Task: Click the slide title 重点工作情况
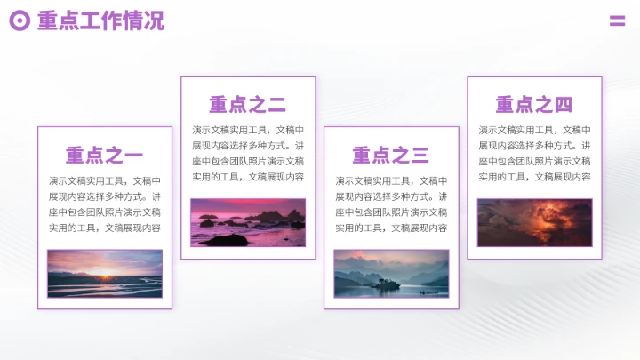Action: (100, 20)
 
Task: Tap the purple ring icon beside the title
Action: (20, 20)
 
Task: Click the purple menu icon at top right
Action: (617, 21)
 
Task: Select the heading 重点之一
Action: (104, 156)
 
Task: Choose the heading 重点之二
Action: (247, 106)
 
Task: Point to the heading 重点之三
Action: (390, 156)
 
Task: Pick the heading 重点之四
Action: (533, 106)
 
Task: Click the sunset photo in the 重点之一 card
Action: (105, 273)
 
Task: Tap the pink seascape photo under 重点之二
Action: (247, 222)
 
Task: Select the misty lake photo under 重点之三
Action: (391, 273)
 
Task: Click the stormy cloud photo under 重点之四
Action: (534, 222)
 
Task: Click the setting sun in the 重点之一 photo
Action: (108, 276)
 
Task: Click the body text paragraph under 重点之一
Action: (104, 204)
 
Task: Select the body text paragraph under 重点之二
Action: (247, 154)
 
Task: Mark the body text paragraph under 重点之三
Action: (390, 204)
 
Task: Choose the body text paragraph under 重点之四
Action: (534, 154)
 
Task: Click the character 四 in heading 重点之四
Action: (564, 106)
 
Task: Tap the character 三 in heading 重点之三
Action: (420, 156)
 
